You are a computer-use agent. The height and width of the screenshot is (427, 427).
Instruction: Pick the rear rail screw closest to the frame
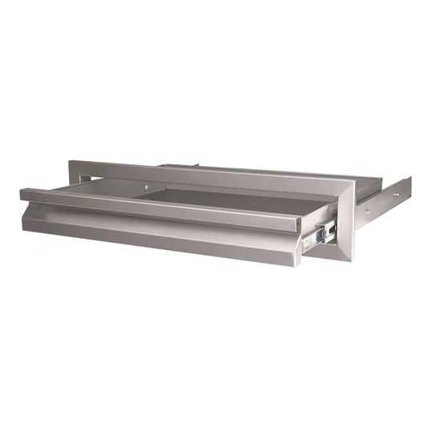coord(368,211)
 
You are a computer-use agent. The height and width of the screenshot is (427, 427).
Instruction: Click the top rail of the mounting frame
coord(208,170)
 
